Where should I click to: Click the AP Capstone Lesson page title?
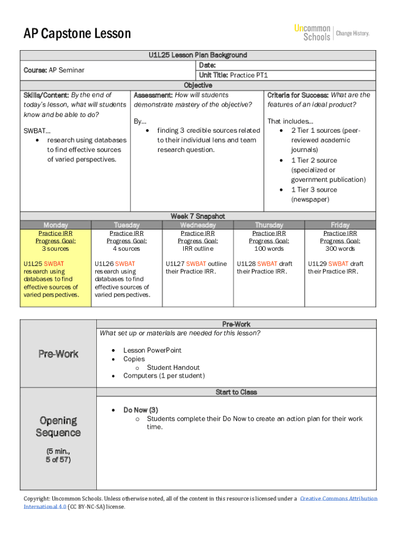tap(77, 34)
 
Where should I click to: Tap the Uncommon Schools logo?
tap(312, 32)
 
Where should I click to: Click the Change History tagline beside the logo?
tap(353, 33)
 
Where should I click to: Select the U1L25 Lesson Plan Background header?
tap(197, 55)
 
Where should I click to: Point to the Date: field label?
tap(207, 65)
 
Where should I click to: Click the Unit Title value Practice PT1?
tap(249, 75)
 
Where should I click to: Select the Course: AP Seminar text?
tap(54, 70)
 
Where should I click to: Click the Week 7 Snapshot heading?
tap(197, 216)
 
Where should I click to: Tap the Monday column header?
tap(55, 225)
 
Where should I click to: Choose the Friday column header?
tap(340, 225)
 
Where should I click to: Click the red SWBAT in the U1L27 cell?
tap(196, 264)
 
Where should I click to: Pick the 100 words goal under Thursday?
tap(268, 249)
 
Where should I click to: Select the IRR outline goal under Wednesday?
tap(197, 249)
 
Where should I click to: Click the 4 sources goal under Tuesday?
tap(127, 249)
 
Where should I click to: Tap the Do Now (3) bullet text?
tap(140, 410)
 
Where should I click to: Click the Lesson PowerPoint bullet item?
tap(152, 351)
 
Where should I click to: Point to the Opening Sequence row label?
tap(58, 427)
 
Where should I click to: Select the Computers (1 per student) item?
tap(164, 376)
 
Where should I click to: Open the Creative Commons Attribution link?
tap(338, 498)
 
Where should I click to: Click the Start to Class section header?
tap(236, 392)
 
